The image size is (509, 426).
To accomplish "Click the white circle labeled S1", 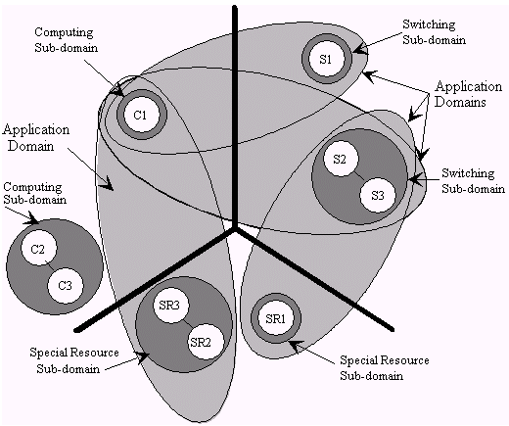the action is pos(327,59).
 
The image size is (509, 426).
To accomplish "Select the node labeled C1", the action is pos(142,115).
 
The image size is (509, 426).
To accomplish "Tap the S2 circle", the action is pos(341,159).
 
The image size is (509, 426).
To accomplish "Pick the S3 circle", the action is pos(378,195).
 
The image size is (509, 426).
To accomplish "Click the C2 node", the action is pos(38,249).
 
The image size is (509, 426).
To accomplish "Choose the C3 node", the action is pos(66,286).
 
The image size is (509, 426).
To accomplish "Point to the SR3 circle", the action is pos(170,305).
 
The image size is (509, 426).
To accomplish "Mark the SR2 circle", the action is pos(206,342).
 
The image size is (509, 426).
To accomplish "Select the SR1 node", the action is pos(276,318).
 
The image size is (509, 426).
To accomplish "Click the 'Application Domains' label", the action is pos(468,94).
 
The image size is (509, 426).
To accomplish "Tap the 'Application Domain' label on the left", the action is pos(36,137).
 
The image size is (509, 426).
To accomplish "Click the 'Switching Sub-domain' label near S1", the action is pos(434,31).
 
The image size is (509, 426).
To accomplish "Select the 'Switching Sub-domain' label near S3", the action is pos(474,180).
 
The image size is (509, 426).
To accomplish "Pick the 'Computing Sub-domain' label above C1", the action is pos(67,39).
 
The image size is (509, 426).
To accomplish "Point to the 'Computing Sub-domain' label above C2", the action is pos(35,193).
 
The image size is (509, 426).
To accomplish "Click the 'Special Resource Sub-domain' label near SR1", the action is pos(385,367).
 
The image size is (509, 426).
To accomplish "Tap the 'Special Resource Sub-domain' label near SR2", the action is pos(74,360).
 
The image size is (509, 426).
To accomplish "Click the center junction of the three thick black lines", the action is pos(234,228).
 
